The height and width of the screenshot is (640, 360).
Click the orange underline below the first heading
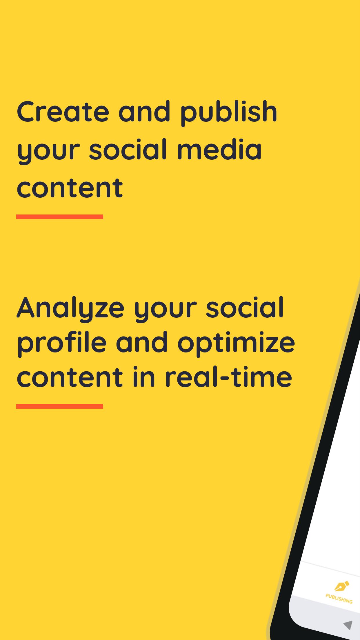click(60, 217)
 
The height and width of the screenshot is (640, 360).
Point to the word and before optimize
click(142, 342)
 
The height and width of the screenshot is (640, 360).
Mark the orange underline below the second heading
click(60, 406)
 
